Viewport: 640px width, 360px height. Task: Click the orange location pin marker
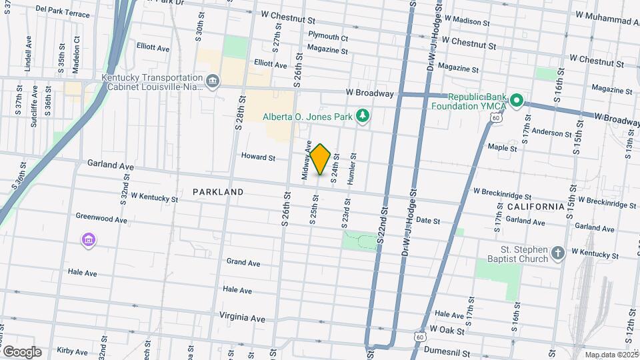320,159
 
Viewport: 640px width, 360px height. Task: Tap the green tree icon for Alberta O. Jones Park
363,117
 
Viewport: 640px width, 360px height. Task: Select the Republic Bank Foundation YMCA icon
517,102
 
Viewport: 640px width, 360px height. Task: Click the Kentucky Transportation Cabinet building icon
212,82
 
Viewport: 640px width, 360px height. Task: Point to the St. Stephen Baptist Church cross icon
558,253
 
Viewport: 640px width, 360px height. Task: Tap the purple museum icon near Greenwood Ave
88,240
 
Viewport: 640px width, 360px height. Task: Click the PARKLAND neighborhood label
218,192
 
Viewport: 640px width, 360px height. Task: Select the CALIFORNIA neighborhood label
535,207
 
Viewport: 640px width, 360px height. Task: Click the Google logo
22,351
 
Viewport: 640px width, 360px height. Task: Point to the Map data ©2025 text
611,355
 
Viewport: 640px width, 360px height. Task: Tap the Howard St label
258,157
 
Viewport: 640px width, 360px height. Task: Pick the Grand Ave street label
243,263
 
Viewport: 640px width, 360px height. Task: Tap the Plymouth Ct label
328,37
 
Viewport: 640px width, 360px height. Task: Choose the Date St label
428,221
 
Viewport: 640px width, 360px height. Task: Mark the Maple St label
503,147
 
